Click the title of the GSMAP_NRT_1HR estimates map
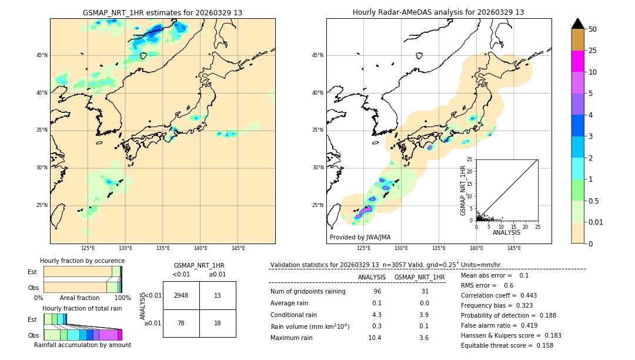(162, 12)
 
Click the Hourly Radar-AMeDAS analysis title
(438, 12)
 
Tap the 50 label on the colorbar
(593, 29)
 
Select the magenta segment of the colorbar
(577, 61)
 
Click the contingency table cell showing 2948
(181, 295)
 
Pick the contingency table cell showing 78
(181, 323)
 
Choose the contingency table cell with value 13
(218, 295)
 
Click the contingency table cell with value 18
(218, 323)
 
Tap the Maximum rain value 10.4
(375, 338)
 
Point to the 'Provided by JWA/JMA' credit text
(360, 237)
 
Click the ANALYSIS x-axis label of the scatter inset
(506, 232)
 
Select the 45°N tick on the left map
(42, 55)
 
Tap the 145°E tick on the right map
(514, 248)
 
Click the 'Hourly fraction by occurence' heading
(82, 261)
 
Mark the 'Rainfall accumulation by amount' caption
(82, 345)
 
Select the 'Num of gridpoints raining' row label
(308, 291)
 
